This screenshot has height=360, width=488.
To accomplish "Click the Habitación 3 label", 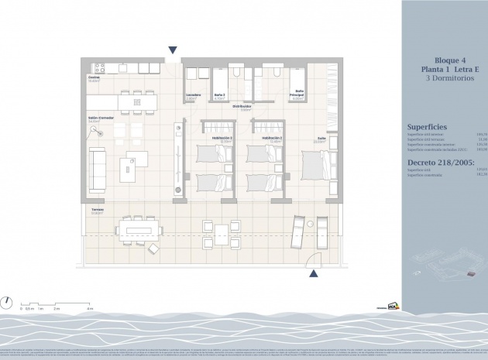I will click(x=225, y=140).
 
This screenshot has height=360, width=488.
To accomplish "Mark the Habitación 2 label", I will click(x=274, y=140).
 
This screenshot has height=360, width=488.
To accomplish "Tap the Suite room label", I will click(x=320, y=139).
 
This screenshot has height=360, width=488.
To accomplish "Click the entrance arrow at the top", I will click(x=172, y=50).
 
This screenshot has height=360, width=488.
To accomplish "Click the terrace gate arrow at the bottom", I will click(x=313, y=273).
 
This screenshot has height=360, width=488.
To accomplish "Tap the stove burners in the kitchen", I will click(x=98, y=67).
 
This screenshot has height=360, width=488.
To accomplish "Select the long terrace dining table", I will click(x=139, y=229).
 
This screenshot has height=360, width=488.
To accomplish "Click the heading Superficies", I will click(x=427, y=127).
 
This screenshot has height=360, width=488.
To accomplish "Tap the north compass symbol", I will click(x=7, y=303).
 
